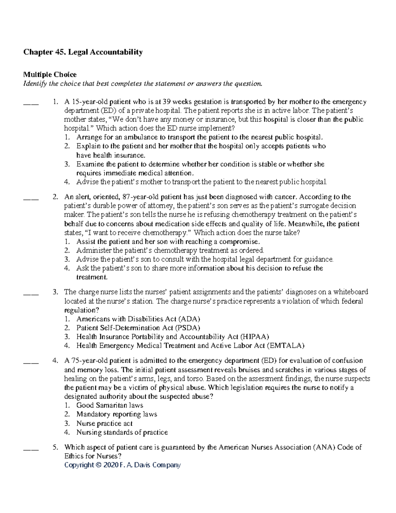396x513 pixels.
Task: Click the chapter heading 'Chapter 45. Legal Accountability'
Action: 82,52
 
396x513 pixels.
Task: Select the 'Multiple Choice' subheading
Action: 49,75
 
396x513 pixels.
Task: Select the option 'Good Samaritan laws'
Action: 110,405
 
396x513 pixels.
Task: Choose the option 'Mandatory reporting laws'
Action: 116,414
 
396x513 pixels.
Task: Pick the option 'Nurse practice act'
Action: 104,423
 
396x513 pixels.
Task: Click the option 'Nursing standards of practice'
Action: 122,432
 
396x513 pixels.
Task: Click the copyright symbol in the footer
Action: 98,465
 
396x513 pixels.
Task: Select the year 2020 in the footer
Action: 110,465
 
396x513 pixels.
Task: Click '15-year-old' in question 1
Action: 87,102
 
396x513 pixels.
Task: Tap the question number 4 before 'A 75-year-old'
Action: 55,361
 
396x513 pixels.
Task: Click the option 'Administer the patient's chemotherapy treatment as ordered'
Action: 170,250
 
